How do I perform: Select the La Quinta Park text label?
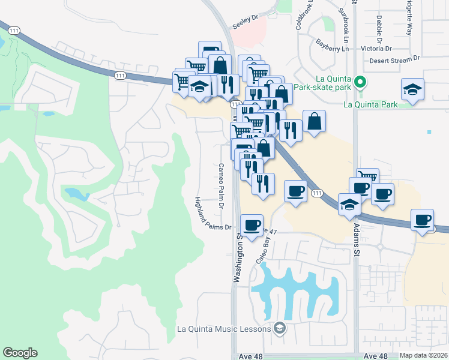tap(370, 104)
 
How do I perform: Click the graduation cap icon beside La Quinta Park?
tap(412, 90)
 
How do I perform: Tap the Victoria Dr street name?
tap(376, 48)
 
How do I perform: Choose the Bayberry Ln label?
tap(332, 45)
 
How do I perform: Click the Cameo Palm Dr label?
tap(221, 186)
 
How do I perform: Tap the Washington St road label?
tap(238, 258)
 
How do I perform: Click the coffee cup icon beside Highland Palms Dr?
tap(252, 226)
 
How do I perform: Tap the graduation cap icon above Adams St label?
tap(349, 204)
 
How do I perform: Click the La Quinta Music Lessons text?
tap(224, 328)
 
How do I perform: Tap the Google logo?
tap(20, 353)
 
